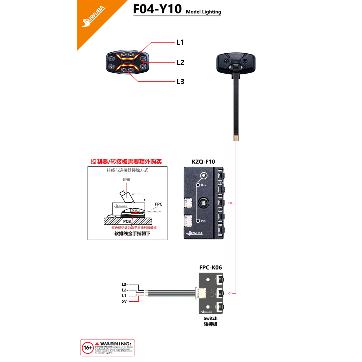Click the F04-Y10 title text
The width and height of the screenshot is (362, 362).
click(157, 9)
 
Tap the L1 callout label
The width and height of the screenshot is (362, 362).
click(180, 42)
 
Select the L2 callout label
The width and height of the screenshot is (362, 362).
click(180, 62)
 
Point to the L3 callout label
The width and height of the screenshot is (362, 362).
click(180, 81)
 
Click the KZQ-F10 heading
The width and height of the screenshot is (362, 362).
click(203, 162)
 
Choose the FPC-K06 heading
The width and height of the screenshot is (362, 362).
click(210, 267)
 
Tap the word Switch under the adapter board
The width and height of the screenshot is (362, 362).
click(210, 318)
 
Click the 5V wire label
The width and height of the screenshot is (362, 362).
click(124, 301)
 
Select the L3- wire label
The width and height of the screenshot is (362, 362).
click(125, 285)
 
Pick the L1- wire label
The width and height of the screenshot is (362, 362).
click(125, 296)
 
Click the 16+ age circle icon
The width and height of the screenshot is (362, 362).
click(88, 348)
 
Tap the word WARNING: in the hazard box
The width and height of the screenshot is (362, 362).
click(115, 344)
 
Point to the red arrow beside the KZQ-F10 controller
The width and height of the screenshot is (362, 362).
click(230, 203)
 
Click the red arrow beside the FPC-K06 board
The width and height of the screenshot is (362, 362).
click(230, 293)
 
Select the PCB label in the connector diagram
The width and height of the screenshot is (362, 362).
click(127, 221)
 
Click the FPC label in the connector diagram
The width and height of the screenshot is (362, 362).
click(158, 204)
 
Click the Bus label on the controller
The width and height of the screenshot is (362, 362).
click(203, 185)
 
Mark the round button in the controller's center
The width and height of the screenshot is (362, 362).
click(203, 202)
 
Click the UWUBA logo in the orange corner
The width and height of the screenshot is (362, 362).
click(94, 17)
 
